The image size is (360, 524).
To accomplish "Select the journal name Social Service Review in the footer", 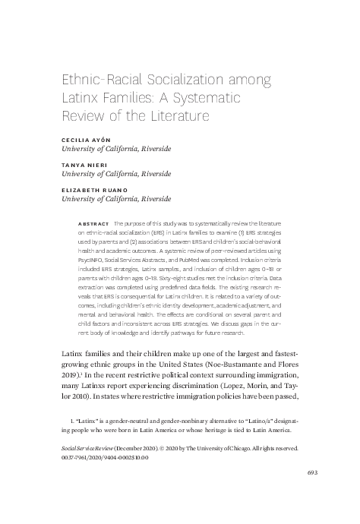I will [87, 449].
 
